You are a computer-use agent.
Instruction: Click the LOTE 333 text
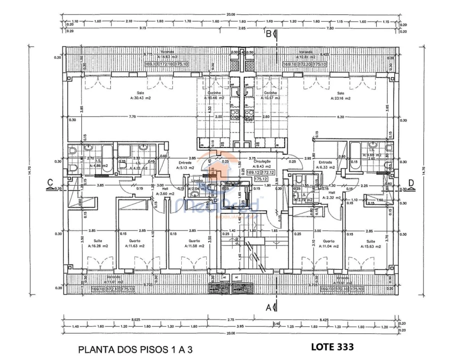click(x=332, y=345)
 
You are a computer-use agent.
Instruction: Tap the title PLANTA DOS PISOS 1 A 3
click(x=135, y=350)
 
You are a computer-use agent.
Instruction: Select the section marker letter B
click(x=268, y=34)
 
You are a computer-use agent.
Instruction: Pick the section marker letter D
click(x=411, y=183)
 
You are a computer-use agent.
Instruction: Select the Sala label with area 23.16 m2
click(x=340, y=95)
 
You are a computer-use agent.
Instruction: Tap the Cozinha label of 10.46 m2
click(x=215, y=95)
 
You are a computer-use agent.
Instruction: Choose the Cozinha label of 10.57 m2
click(x=270, y=95)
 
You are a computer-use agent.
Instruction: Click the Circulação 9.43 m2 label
click(x=262, y=163)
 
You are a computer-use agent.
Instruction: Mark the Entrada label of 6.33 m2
click(x=326, y=165)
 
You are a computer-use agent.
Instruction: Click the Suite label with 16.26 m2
click(x=97, y=243)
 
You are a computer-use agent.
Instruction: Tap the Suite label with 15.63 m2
click(x=369, y=243)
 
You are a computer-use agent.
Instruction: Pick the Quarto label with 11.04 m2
click(x=328, y=243)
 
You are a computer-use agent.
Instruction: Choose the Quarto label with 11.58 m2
click(x=193, y=243)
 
